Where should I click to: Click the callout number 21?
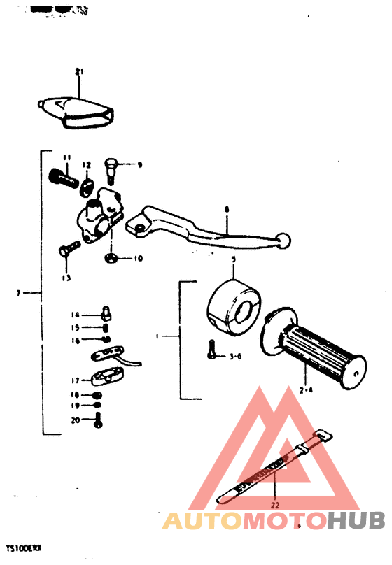pos(79,71)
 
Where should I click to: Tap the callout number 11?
pos(66,157)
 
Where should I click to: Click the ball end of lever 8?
pos(283,241)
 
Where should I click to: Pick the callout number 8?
pos(227,209)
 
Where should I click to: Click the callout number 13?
pos(66,278)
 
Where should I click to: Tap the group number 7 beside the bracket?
pos(18,293)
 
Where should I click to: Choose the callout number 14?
pos(75,314)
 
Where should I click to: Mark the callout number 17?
pos(75,380)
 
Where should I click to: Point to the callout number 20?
pos(75,420)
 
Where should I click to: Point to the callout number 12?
pos(87,165)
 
